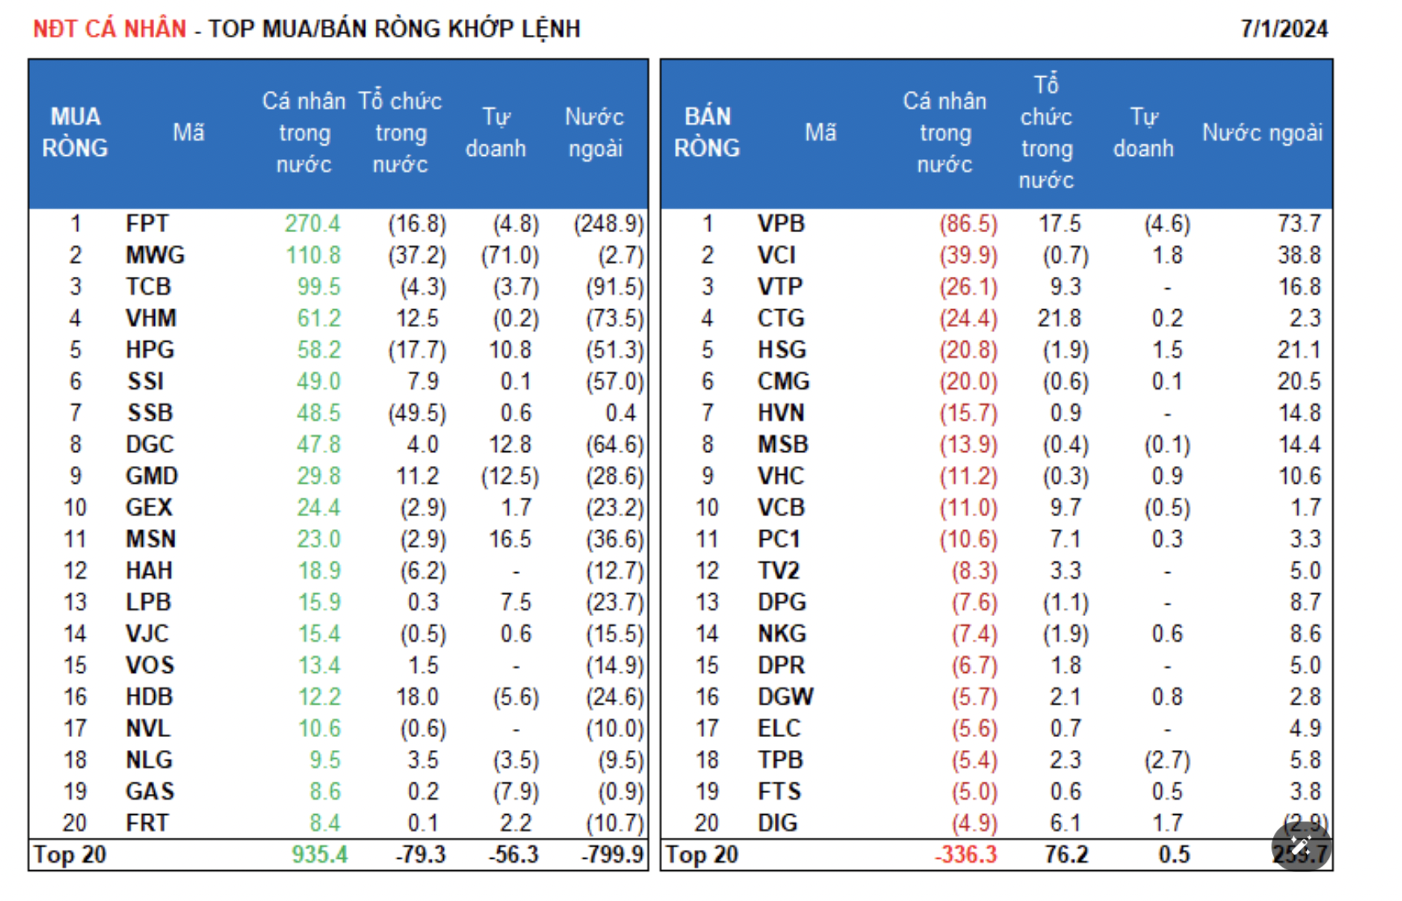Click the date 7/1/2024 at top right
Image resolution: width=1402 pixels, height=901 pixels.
1284,29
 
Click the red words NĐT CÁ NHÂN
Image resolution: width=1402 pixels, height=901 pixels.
110,29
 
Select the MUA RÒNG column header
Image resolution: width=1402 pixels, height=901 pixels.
75,132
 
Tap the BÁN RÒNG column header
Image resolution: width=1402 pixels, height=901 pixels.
707,132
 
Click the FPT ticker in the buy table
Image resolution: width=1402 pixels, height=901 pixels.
147,224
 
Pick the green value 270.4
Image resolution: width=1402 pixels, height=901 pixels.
312,224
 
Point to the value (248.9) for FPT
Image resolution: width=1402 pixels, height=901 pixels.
609,224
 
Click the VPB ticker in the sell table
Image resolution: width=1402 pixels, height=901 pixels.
781,224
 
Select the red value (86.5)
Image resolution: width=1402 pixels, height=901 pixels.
968,224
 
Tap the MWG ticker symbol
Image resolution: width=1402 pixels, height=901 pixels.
155,256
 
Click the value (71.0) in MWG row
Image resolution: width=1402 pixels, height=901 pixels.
510,256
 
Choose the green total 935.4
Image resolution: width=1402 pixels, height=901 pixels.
320,855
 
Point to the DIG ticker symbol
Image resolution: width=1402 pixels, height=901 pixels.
777,823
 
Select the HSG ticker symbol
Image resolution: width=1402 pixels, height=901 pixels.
781,350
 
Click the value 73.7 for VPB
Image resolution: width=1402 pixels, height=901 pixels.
1299,224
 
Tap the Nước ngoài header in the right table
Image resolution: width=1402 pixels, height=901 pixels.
1262,132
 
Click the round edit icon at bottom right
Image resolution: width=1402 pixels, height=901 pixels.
1301,847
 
